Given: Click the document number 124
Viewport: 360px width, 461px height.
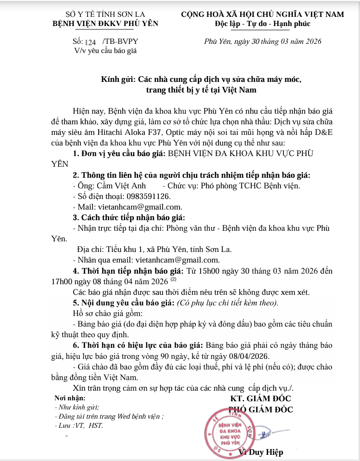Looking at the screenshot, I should (x=90, y=43).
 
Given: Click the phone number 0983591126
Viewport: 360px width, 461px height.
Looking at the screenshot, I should (x=148, y=196).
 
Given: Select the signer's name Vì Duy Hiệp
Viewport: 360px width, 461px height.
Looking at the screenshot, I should (x=261, y=452).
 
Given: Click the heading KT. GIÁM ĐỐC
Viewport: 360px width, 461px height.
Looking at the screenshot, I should (x=260, y=399).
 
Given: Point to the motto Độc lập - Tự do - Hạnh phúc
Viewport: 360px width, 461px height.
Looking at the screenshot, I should (x=263, y=24).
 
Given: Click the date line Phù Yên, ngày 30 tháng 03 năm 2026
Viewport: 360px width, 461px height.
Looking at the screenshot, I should (x=263, y=42).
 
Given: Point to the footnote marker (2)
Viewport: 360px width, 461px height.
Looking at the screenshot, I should (x=173, y=279).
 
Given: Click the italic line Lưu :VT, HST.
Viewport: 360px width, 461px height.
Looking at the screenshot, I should (x=79, y=426).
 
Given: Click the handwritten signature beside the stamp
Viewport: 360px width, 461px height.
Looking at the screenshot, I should (x=265, y=434).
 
